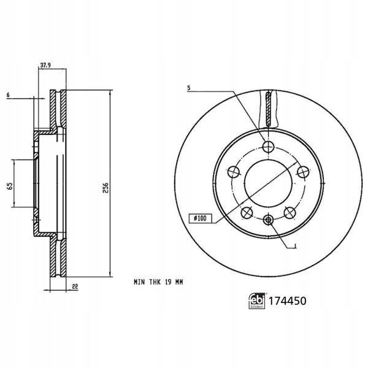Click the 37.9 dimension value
click(x=45, y=65)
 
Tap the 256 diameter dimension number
click(x=106, y=188)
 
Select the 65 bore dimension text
click(x=10, y=186)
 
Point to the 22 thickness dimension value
click(x=75, y=286)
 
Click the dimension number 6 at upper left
click(x=8, y=95)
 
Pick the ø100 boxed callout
click(x=200, y=218)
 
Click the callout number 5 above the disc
click(x=189, y=88)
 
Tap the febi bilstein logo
click(x=256, y=301)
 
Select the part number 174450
click(x=287, y=301)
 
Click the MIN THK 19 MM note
click(x=158, y=282)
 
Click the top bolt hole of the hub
click(x=268, y=147)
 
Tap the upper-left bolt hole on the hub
click(x=234, y=172)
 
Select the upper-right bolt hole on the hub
click(x=303, y=172)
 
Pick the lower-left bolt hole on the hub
click(x=247, y=213)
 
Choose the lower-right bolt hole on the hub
click(x=289, y=213)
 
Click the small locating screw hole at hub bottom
click(x=268, y=220)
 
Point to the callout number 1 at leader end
click(x=296, y=246)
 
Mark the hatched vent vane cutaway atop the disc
click(x=268, y=109)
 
